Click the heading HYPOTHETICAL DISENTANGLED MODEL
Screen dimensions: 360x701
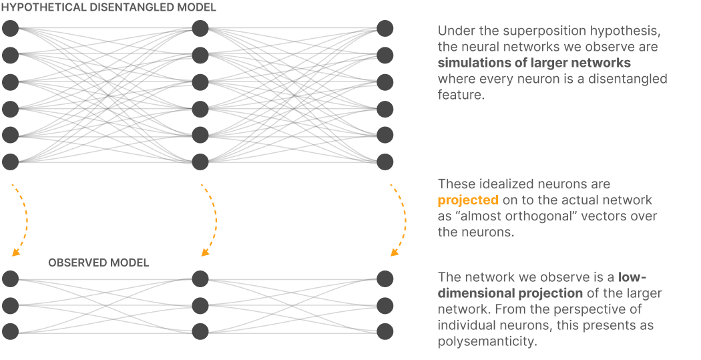pyautogui.click(x=108, y=7)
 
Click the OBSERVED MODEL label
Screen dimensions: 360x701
pyautogui.click(x=98, y=262)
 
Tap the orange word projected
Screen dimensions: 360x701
pyautogui.click(x=468, y=200)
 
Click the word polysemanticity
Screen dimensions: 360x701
pyautogui.click(x=487, y=341)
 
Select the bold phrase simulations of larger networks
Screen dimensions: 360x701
pyautogui.click(x=534, y=63)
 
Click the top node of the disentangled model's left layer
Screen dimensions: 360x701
pyautogui.click(x=10, y=29)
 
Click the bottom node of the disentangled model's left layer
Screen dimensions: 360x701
pyautogui.click(x=10, y=162)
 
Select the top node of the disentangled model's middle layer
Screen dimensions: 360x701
pyautogui.click(x=200, y=29)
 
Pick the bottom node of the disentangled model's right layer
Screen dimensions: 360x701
pyautogui.click(x=385, y=162)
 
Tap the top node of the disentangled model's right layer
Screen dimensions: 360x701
pyautogui.click(x=385, y=29)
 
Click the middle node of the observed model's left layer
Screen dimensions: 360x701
pyautogui.click(x=10, y=305)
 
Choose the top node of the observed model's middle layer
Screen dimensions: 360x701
pyautogui.click(x=200, y=279)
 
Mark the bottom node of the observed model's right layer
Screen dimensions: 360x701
pyautogui.click(x=385, y=331)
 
